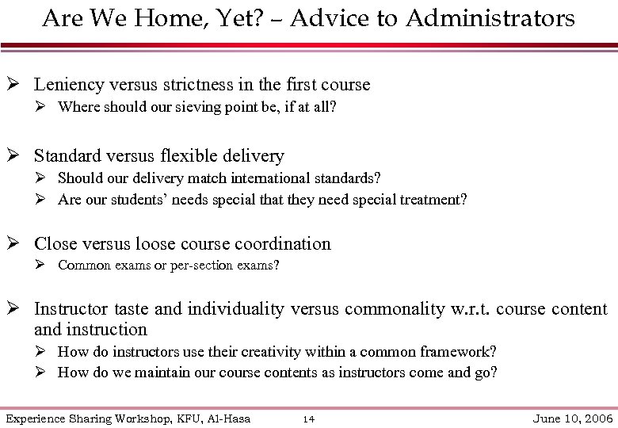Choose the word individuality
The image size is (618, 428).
[235, 308]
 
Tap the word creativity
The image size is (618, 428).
[292, 351]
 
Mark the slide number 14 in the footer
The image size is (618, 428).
[309, 418]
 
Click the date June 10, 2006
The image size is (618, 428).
[574, 418]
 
